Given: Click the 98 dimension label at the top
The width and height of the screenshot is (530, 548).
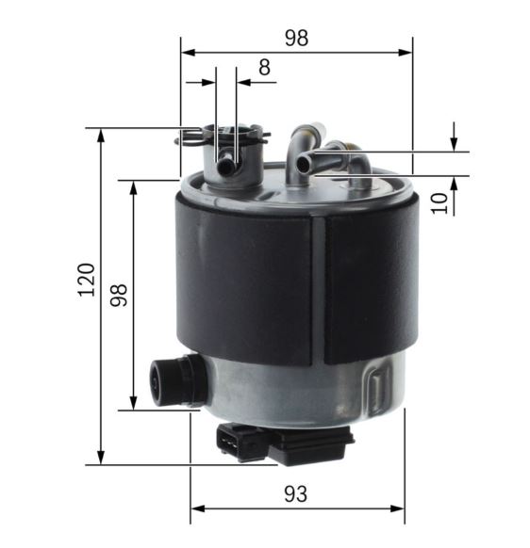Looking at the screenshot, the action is coord(296,38).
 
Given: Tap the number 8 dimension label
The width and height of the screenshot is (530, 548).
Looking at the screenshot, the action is coord(264,67).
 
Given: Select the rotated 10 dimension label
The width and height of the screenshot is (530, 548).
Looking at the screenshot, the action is coord(439,203).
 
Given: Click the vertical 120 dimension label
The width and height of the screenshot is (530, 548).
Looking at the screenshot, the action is coord(86,280).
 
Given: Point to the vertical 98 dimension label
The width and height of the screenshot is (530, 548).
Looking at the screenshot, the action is coord(119,295).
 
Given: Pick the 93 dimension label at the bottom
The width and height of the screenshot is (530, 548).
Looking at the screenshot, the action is coord(296,493).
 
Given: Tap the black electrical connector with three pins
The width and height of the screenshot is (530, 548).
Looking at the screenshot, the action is coord(284,443).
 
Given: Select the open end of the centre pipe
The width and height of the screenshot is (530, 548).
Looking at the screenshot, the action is coord(303,164).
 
